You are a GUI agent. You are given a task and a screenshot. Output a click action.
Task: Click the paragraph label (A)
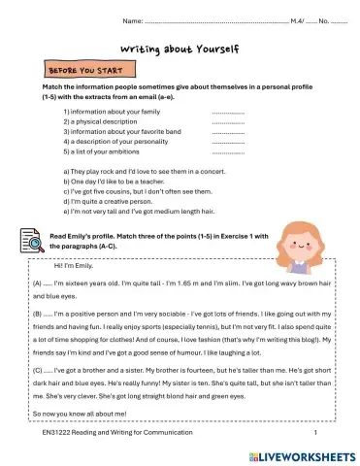point(37,282)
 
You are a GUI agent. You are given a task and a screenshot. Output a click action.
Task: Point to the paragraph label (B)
point(37,316)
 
